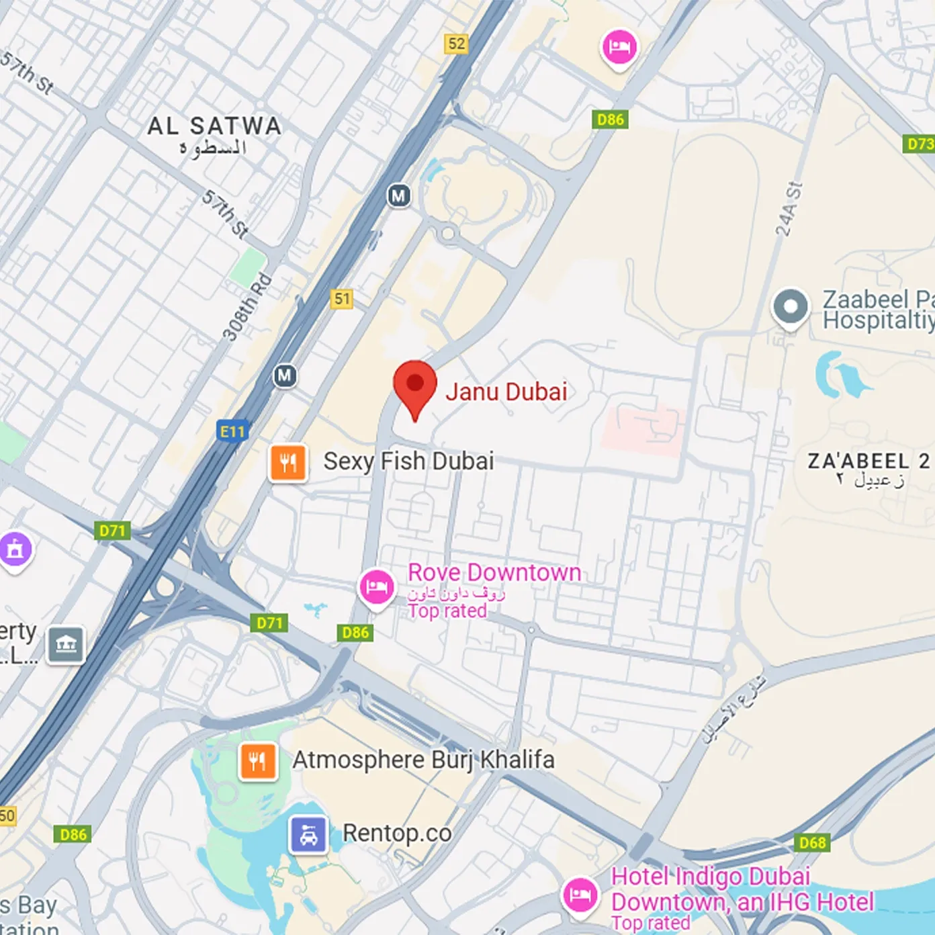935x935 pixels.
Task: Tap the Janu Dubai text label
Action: point(506,392)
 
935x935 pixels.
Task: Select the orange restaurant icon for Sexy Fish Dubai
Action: point(288,463)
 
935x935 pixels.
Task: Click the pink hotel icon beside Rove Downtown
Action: point(377,588)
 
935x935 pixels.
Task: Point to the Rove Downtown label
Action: point(494,573)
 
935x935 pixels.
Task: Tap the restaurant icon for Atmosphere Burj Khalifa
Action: point(258,761)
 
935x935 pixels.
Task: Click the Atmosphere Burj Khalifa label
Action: point(423,760)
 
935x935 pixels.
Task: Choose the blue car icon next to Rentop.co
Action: point(308,834)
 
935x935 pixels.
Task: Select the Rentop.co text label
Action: point(397,833)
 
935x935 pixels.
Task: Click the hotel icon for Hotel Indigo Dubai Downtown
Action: point(580,895)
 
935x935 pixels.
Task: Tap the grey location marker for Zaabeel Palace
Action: point(791,307)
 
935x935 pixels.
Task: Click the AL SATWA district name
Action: point(214,126)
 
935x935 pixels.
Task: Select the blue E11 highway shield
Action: point(233,431)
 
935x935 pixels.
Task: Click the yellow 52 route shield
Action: point(456,44)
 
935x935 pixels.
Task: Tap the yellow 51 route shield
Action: point(342,299)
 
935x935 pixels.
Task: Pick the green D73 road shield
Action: point(919,144)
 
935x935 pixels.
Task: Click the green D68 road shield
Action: point(812,842)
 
